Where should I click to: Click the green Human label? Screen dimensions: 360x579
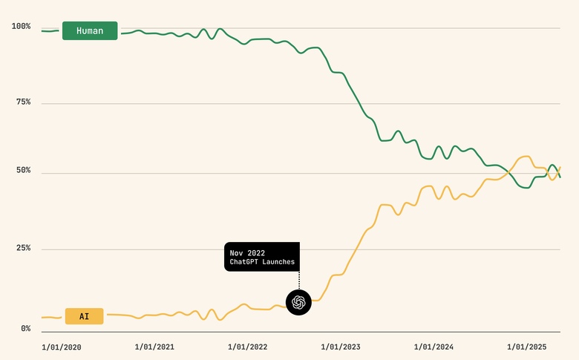tap(90, 31)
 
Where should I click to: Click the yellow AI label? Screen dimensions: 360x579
tap(84, 316)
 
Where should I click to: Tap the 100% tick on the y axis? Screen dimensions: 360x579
tap(21, 27)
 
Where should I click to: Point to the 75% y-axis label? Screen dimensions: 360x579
tap(22, 102)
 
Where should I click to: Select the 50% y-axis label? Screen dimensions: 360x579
tap(22, 171)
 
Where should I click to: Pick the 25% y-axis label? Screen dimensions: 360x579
tap(22, 248)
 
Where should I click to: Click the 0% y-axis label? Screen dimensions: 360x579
tap(24, 328)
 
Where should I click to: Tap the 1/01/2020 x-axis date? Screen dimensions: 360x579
tap(62, 347)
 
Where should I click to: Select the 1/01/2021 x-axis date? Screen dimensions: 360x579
tap(154, 347)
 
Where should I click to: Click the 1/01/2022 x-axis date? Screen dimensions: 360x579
tap(247, 347)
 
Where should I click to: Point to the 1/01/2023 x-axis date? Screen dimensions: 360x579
tap(340, 347)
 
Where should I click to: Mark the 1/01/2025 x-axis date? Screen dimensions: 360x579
tap(526, 347)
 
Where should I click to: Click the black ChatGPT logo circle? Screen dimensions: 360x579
tap(298, 302)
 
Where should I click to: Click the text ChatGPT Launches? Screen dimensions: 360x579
tap(262, 262)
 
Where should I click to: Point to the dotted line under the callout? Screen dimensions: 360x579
tap(298, 280)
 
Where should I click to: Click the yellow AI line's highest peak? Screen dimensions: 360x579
tap(526, 157)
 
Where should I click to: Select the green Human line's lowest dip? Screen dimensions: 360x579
tap(526, 188)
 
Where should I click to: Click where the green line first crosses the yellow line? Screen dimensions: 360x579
tap(510, 174)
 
